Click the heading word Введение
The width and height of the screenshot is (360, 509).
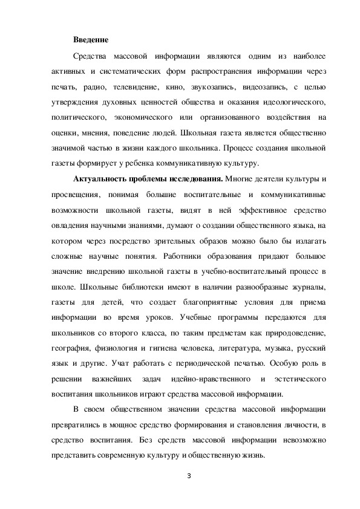(91, 40)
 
